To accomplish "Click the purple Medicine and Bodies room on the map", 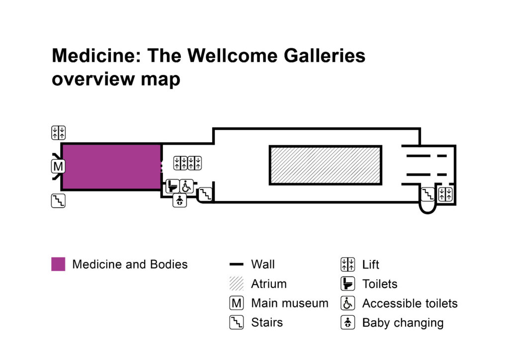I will [x=111, y=167].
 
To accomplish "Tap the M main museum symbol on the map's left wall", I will [x=58, y=166].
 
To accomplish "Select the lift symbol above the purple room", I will [x=58, y=133].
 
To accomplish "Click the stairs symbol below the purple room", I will [x=58, y=201].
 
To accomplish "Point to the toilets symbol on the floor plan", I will [x=172, y=186].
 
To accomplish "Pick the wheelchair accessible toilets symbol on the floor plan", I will [x=186, y=186].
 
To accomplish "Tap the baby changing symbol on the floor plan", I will [x=179, y=201].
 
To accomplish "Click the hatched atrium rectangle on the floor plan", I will [x=325, y=165].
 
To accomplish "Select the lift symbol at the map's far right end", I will [x=445, y=194].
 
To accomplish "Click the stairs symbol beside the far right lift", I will [x=428, y=194].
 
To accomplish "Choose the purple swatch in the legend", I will [x=58, y=264].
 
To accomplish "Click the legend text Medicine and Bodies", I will [x=130, y=264].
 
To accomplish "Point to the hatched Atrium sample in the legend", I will [x=236, y=284].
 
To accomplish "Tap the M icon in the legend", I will [x=236, y=303].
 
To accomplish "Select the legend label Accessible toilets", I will [x=410, y=303].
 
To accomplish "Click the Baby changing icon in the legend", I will [x=347, y=322].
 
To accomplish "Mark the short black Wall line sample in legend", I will [x=236, y=265].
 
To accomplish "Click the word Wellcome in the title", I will [x=226, y=56].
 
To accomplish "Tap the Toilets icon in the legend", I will [x=347, y=284].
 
